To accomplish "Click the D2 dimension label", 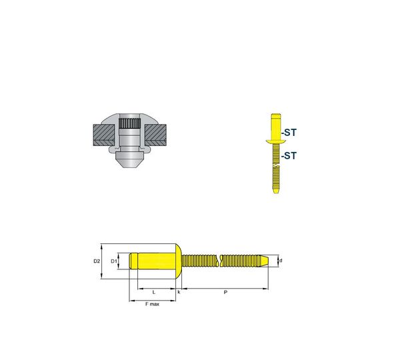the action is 97,261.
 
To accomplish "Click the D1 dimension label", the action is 113,261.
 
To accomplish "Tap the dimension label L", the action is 153,292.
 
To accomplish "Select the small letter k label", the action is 179,292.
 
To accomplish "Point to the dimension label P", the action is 225,292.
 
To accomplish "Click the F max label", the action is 152,304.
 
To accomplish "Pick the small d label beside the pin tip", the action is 281,261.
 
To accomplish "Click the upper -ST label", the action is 289,133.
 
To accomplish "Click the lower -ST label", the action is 289,155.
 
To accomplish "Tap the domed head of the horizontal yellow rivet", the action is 179,261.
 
